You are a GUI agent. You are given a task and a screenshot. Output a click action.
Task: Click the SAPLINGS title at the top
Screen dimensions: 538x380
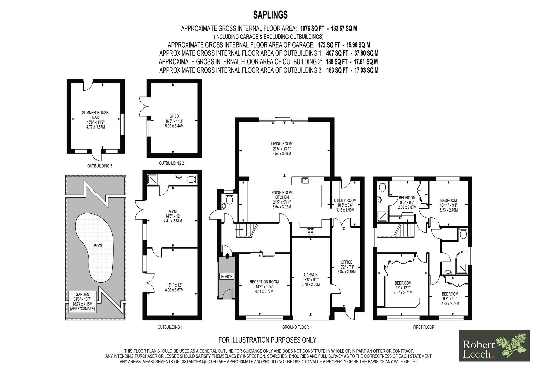[270, 15]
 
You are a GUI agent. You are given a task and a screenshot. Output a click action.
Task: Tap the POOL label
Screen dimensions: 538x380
[98, 246]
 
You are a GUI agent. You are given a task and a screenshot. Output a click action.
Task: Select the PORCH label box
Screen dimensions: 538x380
[227, 276]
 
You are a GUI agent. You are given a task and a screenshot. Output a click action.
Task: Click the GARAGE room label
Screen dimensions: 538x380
[311, 275]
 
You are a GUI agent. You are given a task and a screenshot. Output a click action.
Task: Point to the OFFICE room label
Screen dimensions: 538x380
[346, 262]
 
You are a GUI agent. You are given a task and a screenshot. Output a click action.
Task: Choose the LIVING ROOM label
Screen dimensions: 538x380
[282, 144]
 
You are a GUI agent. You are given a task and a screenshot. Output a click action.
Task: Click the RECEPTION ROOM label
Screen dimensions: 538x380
[264, 282]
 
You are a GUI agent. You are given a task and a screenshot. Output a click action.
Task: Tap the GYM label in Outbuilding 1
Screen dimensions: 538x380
[173, 211]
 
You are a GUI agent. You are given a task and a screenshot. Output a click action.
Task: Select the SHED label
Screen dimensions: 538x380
[174, 116]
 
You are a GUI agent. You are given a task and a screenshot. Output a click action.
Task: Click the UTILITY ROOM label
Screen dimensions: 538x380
[345, 200]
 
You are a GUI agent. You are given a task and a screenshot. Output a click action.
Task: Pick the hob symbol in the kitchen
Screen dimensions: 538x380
[311, 231]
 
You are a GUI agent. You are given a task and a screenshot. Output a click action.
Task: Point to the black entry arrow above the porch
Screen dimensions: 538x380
[227, 255]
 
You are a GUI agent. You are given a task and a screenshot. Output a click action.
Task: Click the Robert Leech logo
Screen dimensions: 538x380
[494, 345]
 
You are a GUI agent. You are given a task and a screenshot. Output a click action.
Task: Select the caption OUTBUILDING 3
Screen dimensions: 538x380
[100, 166]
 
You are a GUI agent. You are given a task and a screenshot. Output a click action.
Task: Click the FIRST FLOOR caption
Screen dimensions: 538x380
[424, 327]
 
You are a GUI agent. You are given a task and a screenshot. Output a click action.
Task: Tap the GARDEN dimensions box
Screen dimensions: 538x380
[82, 302]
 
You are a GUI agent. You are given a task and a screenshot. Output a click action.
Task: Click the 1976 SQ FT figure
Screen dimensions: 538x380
[312, 29]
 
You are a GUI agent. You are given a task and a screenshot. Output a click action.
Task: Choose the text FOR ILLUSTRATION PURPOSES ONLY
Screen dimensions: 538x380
[267, 340]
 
